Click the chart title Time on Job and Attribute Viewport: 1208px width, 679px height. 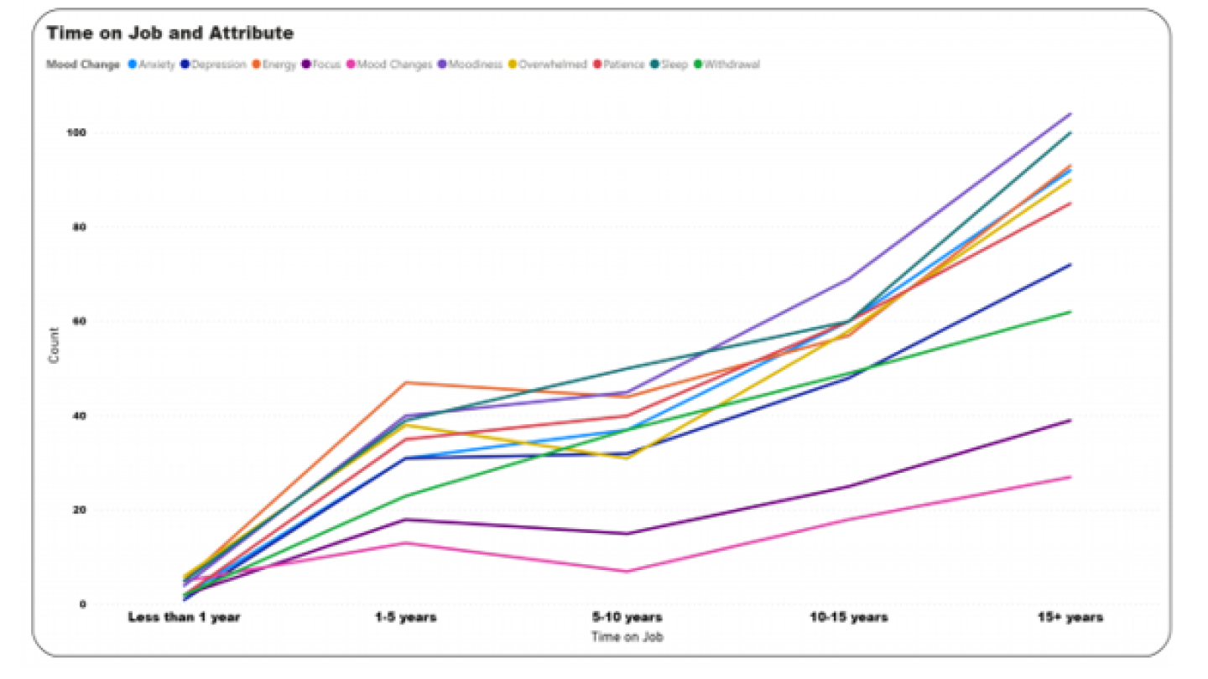(x=169, y=34)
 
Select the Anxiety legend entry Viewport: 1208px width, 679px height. (x=156, y=65)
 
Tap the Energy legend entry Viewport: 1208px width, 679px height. (x=279, y=65)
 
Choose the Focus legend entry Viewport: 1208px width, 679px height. (x=326, y=65)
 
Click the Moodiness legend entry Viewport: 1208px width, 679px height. (x=476, y=65)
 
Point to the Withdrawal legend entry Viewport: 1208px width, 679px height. (x=732, y=65)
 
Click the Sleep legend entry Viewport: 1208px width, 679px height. (x=674, y=65)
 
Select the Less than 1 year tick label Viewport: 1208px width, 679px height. (x=185, y=619)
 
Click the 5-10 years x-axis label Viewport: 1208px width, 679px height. (x=627, y=619)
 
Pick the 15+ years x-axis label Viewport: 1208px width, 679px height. (x=1070, y=619)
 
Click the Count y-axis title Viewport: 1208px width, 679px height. (x=54, y=345)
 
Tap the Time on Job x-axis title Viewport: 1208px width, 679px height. (x=627, y=637)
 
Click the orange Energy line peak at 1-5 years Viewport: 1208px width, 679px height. (x=406, y=382)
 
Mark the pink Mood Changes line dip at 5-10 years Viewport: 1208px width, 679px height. (x=627, y=571)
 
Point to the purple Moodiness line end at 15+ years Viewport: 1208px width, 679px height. (x=1070, y=114)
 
